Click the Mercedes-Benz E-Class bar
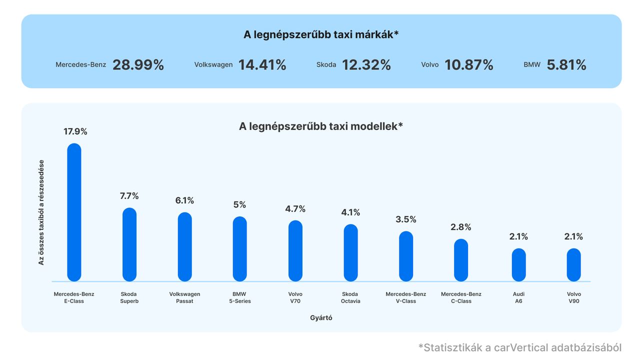pos(74,212)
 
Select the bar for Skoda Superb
pos(129,244)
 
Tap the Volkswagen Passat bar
pos(185,246)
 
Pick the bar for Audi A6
pos(518,264)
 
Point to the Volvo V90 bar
pos(574,264)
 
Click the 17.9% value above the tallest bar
pos(75,131)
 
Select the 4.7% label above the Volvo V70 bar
pos(295,209)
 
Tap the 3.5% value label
pos(406,219)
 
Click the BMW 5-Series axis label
pos(239,297)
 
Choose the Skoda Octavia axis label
pos(350,297)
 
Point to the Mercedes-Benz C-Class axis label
pos(461,297)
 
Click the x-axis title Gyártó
pos(321,318)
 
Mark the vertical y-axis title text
pos(41,212)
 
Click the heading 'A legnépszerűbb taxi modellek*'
pos(321,126)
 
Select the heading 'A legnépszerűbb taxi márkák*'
pos(321,35)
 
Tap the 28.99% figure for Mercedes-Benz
pos(138,65)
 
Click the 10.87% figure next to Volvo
pos(469,65)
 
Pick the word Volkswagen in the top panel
pos(213,65)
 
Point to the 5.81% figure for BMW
pos(566,65)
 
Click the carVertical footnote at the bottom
pos(520,347)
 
